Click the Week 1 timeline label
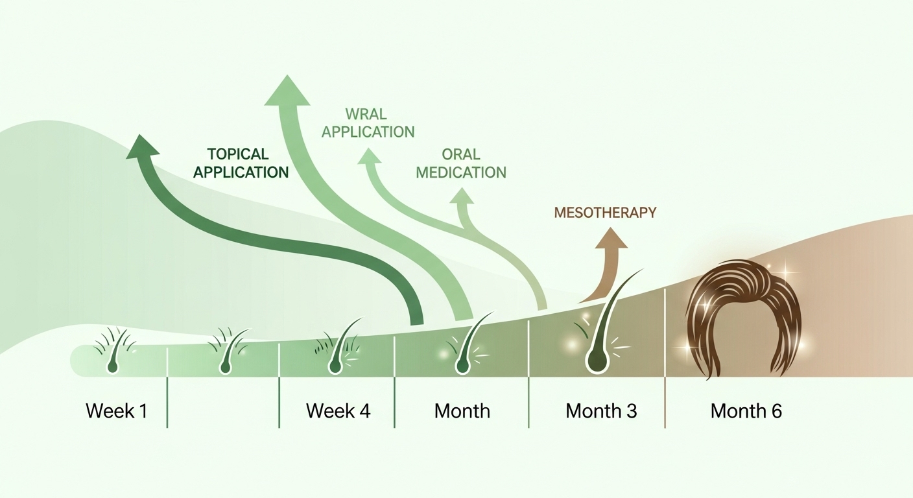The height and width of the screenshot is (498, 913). (x=116, y=411)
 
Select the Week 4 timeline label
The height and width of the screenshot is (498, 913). (x=338, y=411)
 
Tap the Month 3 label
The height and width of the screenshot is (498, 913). (x=601, y=411)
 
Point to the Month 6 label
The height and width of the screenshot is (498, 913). (x=746, y=411)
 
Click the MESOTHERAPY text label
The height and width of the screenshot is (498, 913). (x=605, y=212)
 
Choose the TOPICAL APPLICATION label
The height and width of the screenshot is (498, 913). (x=241, y=163)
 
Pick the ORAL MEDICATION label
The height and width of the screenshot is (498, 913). (x=461, y=163)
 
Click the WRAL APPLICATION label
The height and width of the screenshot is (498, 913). (x=368, y=123)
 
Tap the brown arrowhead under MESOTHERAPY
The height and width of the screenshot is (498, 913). (x=611, y=239)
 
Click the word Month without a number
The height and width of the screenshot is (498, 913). (x=462, y=411)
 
